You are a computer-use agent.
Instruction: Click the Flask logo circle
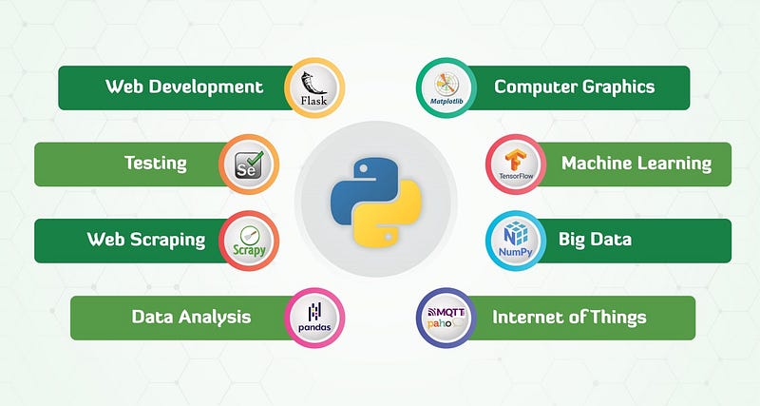click(314, 87)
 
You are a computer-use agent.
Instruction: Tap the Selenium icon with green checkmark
click(249, 164)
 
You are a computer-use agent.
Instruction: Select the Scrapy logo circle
click(249, 241)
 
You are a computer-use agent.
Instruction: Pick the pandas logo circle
click(314, 318)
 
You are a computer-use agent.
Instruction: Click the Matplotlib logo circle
click(446, 87)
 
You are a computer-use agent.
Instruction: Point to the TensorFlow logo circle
click(516, 164)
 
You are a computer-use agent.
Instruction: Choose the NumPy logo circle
click(516, 241)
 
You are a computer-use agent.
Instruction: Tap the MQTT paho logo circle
click(446, 318)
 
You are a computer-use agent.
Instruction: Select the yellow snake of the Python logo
click(392, 213)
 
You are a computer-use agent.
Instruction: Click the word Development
click(206, 87)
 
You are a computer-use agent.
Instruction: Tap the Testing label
click(156, 164)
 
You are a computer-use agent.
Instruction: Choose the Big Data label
click(595, 240)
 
